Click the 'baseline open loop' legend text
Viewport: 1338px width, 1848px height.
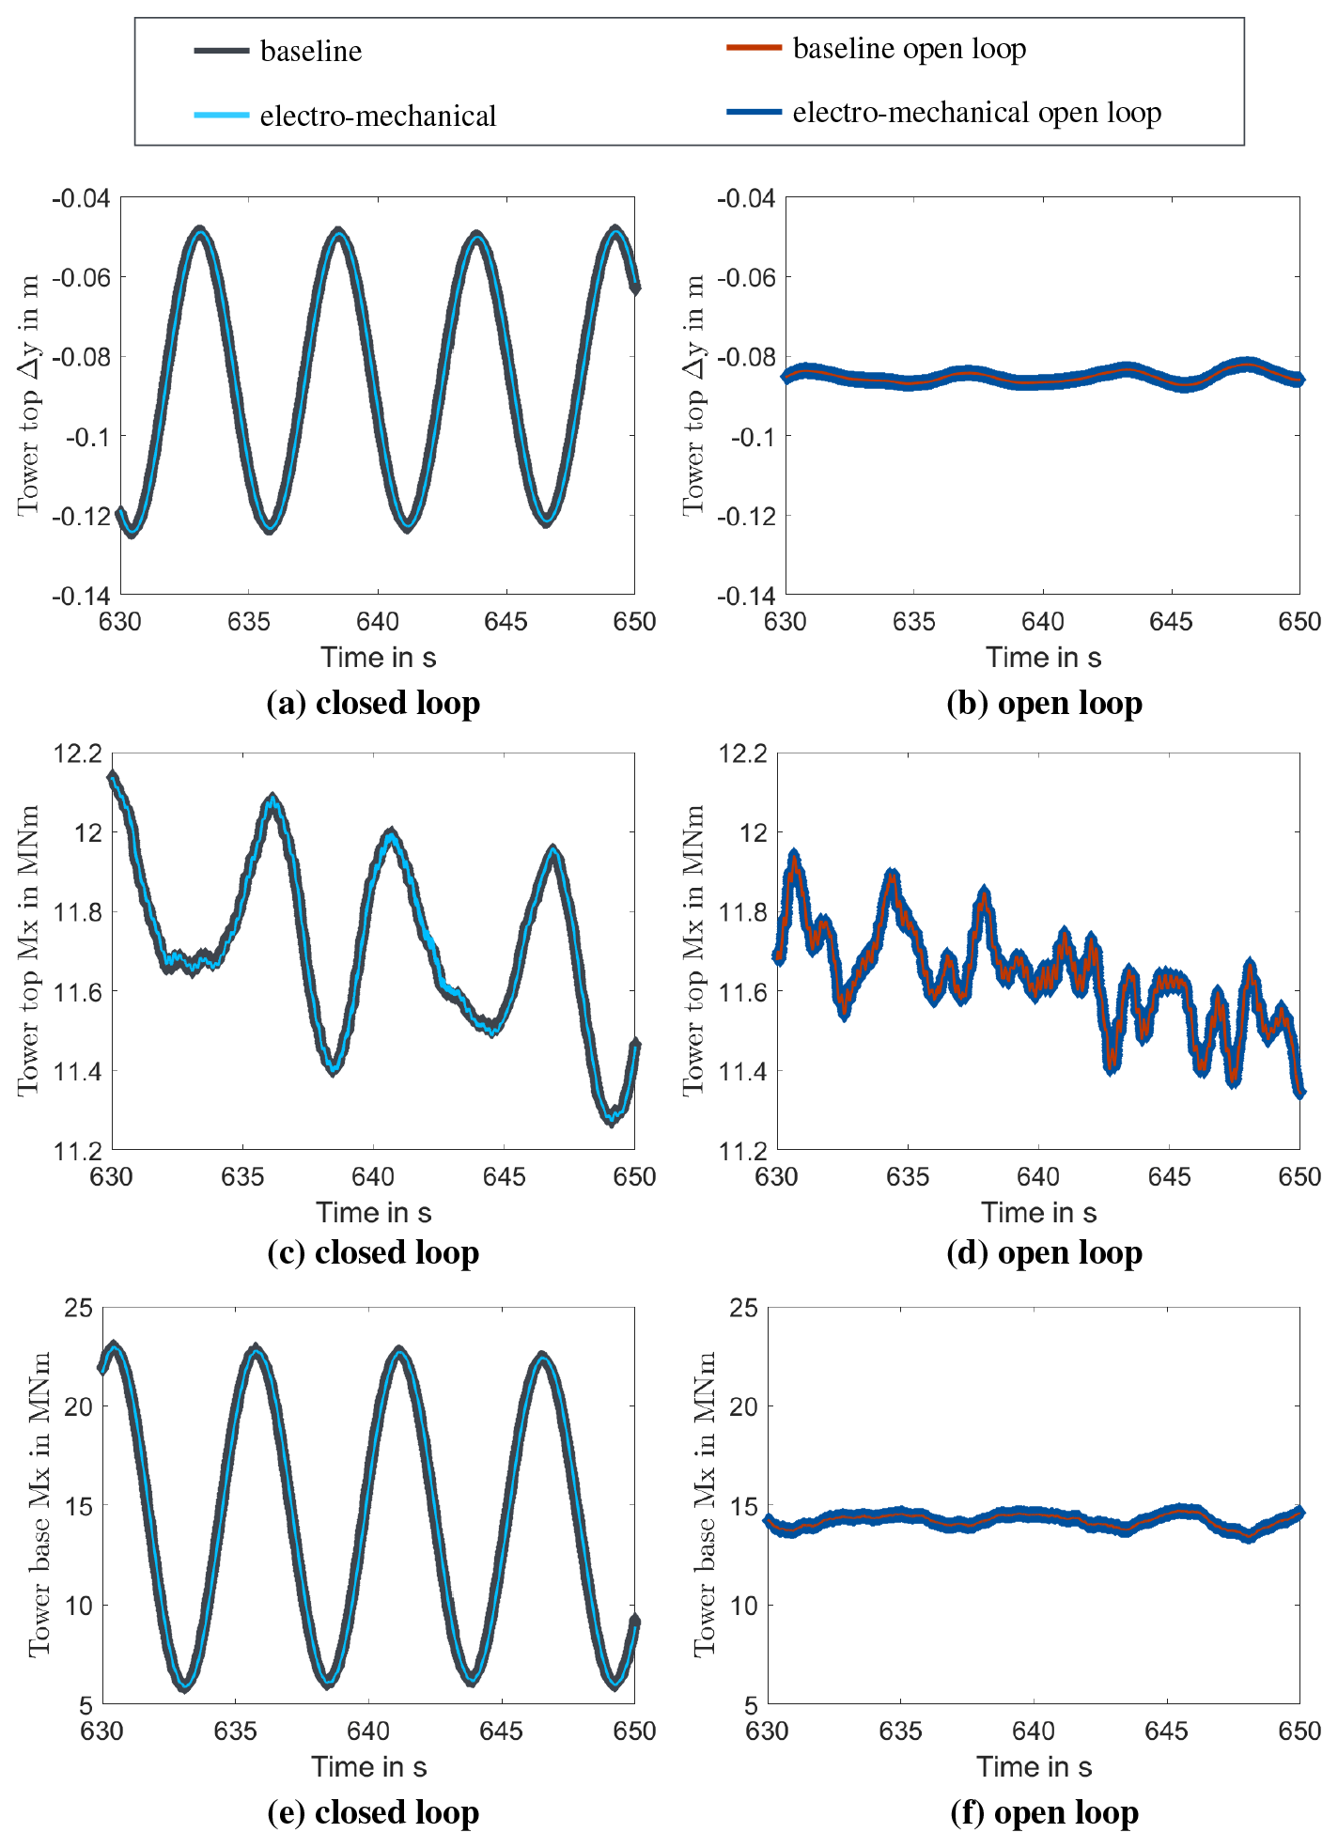click(909, 49)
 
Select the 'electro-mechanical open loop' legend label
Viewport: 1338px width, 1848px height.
click(976, 113)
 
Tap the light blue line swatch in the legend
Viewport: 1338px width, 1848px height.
click(222, 116)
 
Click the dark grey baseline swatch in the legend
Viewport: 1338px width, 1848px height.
click(222, 51)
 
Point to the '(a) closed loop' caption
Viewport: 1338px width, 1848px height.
click(373, 703)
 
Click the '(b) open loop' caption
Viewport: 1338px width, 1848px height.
click(1044, 703)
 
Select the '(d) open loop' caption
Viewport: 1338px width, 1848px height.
click(1044, 1252)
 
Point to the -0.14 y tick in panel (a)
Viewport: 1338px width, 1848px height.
click(81, 596)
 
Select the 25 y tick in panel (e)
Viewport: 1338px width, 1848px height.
click(79, 1308)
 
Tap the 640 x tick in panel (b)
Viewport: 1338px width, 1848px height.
click(1043, 622)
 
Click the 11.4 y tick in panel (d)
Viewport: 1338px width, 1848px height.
click(742, 1071)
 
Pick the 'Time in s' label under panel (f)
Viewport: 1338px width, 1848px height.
click(1034, 1767)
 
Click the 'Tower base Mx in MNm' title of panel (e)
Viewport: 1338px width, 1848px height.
click(39, 1504)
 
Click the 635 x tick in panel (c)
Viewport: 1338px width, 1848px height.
click(242, 1177)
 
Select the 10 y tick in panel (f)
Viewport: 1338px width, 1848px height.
click(744, 1606)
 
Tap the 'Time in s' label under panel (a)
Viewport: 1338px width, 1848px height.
click(378, 658)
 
